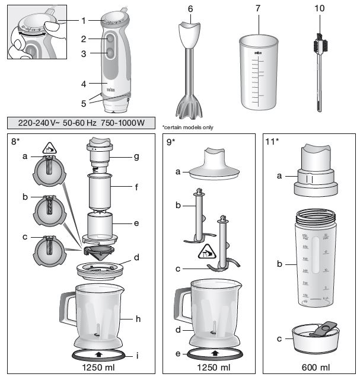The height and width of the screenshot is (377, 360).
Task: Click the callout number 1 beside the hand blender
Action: (x=84, y=20)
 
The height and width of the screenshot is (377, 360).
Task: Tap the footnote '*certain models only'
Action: (x=187, y=127)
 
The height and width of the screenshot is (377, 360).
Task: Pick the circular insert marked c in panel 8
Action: (x=46, y=250)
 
